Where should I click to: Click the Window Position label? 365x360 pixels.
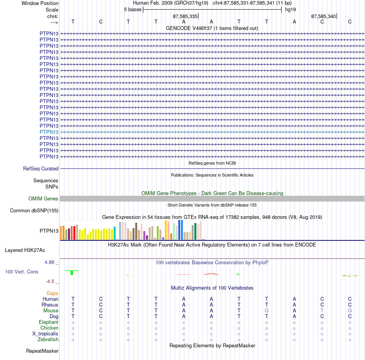40,3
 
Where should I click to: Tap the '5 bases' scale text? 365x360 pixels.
133,10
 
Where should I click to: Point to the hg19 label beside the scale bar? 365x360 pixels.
290,10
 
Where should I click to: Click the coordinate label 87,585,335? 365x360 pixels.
185,16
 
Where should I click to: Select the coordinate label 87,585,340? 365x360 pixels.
324,16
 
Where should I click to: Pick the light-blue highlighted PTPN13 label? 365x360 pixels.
49,132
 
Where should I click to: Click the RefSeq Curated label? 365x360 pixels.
41,169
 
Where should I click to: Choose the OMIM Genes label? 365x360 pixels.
43,199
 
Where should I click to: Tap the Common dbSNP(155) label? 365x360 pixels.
34,211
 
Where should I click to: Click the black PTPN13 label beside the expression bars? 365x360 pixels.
49,231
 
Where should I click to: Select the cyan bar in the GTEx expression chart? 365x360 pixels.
114,233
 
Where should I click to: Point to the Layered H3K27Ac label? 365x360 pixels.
25,250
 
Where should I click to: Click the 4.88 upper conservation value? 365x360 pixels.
49,262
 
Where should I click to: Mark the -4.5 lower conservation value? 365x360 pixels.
50,282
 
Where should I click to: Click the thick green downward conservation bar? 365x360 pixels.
72,273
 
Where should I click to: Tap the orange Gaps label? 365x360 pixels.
52,293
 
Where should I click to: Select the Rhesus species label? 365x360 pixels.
50,305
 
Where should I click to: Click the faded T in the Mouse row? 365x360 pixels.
322,311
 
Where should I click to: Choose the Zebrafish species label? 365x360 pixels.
48,340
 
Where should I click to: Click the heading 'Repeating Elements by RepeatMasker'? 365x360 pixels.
212,345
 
